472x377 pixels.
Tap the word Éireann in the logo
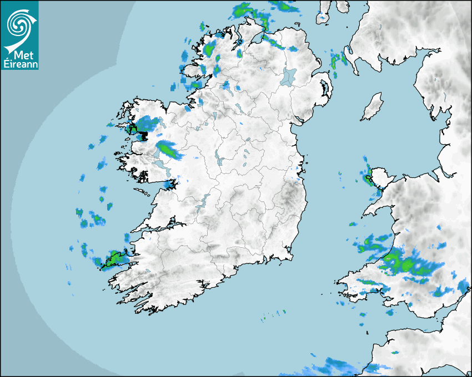(x=20, y=64)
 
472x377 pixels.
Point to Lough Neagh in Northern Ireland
(x=289, y=76)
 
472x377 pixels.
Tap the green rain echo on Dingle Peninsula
(x=115, y=258)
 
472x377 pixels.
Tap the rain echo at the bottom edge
(x=333, y=366)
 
